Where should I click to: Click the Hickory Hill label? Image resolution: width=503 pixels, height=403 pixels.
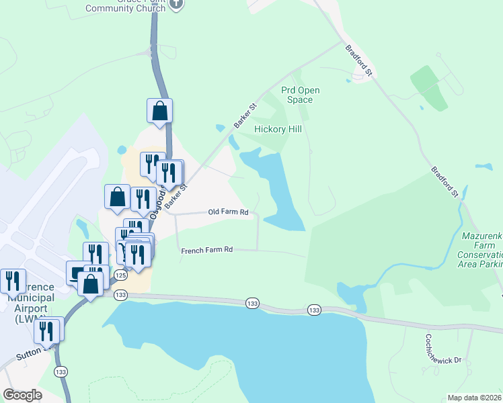(x=278, y=129)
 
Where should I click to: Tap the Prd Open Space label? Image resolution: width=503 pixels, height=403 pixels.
(x=300, y=95)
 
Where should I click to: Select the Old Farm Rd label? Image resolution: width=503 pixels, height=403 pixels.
(x=228, y=212)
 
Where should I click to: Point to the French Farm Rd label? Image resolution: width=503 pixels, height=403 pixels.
(x=207, y=250)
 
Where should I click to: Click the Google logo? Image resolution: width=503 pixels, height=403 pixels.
(x=22, y=395)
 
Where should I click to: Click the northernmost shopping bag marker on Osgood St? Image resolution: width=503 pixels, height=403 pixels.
(x=160, y=111)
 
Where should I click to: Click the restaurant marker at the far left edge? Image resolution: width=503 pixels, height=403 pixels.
(x=12, y=281)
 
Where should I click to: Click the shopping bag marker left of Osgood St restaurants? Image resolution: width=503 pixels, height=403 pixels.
(x=117, y=197)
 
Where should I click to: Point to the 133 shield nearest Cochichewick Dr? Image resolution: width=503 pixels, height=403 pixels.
(x=314, y=310)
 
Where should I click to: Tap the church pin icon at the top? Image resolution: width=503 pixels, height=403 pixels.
(x=177, y=3)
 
